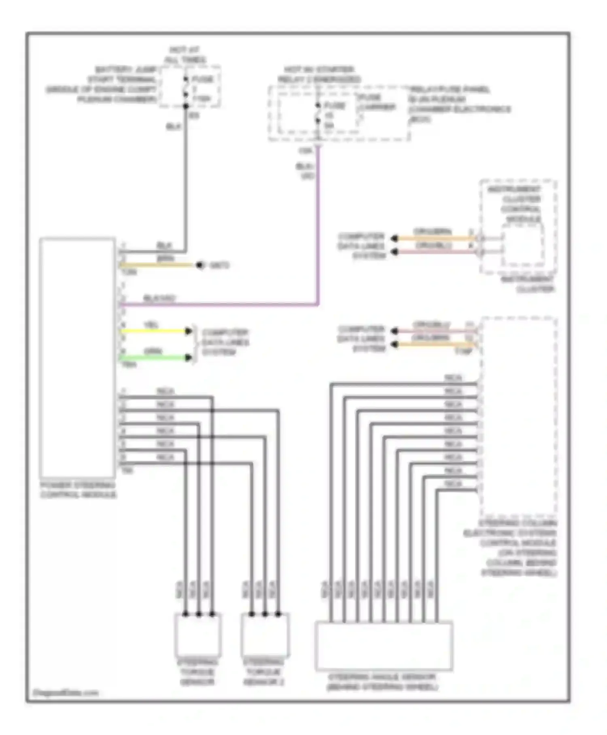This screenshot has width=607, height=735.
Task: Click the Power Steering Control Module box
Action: tap(77, 357)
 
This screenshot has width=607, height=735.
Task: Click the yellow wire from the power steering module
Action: tap(154, 331)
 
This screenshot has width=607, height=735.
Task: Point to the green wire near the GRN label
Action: tap(154, 358)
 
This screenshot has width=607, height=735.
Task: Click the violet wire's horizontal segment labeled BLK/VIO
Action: tap(219, 304)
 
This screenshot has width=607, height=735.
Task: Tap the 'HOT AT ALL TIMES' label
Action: tap(185, 55)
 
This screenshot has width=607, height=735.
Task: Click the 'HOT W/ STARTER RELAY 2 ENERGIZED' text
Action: tap(319, 75)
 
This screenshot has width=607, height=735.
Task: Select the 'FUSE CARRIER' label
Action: tap(376, 102)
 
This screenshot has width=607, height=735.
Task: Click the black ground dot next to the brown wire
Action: tap(199, 265)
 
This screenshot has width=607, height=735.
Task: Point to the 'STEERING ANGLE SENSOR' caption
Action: tap(382, 682)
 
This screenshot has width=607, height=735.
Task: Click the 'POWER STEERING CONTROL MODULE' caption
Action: tap(78, 490)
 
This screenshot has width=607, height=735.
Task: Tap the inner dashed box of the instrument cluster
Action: tap(523, 245)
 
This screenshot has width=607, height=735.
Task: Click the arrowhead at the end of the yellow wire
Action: tap(189, 331)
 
